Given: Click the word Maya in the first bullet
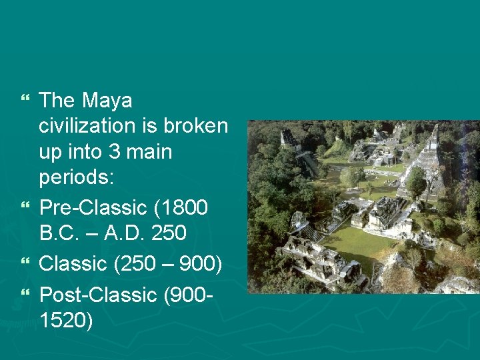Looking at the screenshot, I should coord(107,101).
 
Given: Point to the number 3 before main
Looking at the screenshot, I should coord(111,152).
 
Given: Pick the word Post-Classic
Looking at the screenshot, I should coord(97,293).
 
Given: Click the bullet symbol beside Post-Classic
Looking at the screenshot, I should coord(26,293).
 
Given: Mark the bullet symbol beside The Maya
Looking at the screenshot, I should coord(26,101).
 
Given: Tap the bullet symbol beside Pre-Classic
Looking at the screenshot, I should coord(26,208).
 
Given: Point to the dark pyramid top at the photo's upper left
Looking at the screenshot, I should coord(289,138).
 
